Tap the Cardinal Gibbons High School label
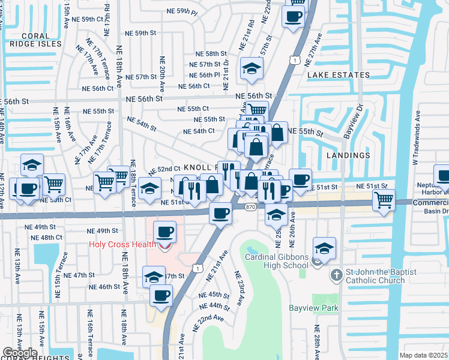(276, 261)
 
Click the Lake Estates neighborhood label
(339, 75)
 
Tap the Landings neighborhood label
(348, 155)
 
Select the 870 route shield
(251, 207)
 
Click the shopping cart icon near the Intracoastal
(384, 199)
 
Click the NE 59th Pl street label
(182, 12)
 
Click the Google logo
(19, 353)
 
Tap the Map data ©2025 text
(424, 355)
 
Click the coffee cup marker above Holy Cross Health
(164, 232)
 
